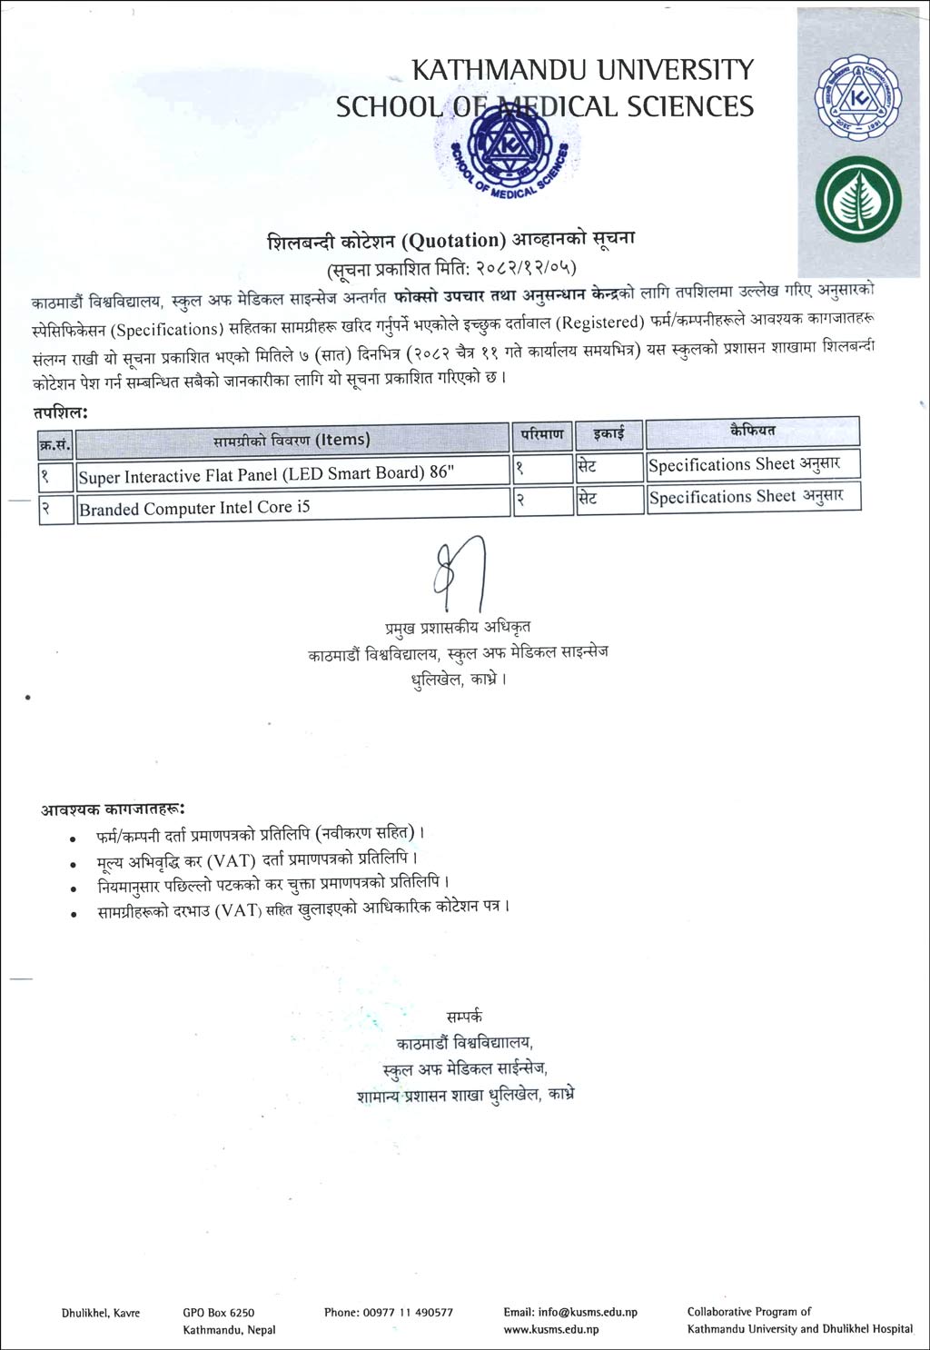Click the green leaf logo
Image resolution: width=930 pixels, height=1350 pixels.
pyautogui.click(x=857, y=201)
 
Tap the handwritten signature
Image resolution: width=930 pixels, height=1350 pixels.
pyautogui.click(x=460, y=576)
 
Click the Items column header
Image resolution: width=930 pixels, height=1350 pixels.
pyautogui.click(x=292, y=440)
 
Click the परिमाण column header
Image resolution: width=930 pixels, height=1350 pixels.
pyautogui.click(x=541, y=435)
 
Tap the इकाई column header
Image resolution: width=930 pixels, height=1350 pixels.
pyautogui.click(x=608, y=434)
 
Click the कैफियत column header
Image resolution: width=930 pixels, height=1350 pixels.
pyautogui.click(x=752, y=431)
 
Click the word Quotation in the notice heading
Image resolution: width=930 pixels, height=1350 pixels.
pyautogui.click(x=452, y=241)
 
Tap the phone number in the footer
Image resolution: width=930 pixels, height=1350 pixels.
pyautogui.click(x=388, y=1312)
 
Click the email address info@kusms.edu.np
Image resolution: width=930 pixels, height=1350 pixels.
pyautogui.click(x=570, y=1312)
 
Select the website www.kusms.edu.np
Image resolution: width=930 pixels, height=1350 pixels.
pyautogui.click(x=550, y=1330)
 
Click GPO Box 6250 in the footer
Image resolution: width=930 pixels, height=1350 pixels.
pyautogui.click(x=218, y=1312)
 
